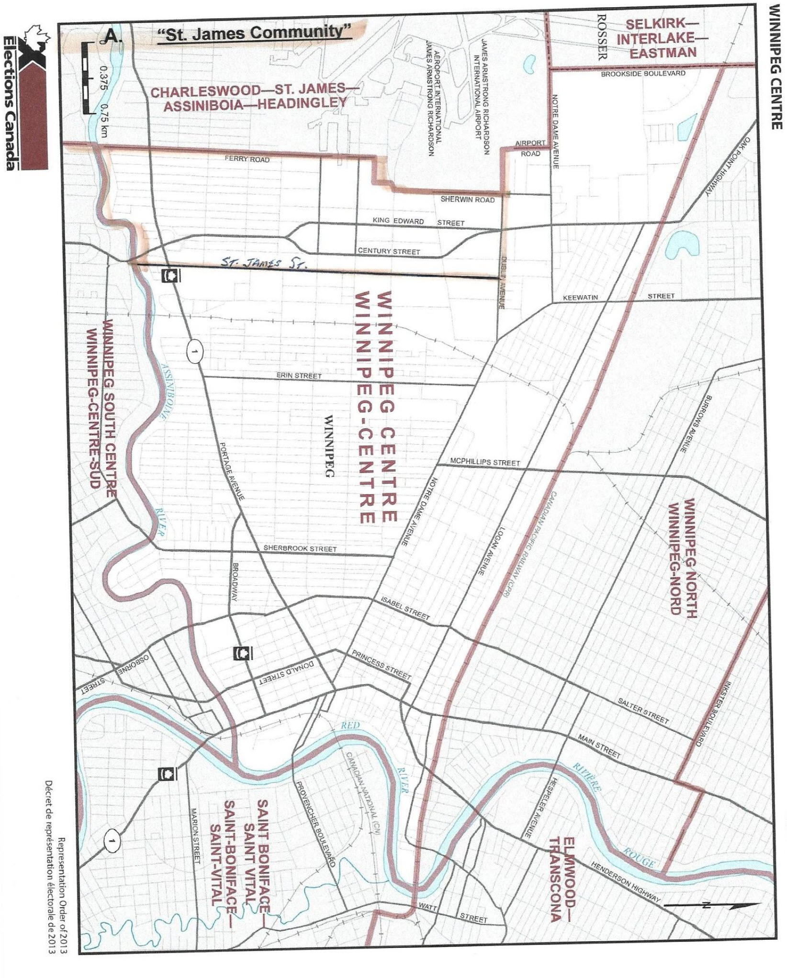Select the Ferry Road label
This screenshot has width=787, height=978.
pyautogui.click(x=247, y=159)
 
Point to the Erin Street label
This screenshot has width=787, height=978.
pyautogui.click(x=299, y=376)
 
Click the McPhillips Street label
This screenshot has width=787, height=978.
pyautogui.click(x=484, y=463)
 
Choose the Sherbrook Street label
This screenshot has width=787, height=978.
pyautogui.click(x=300, y=548)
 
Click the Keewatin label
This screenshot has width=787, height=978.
pyautogui.click(x=580, y=298)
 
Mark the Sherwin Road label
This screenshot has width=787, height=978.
pyautogui.click(x=468, y=200)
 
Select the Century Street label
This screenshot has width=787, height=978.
pyautogui.click(x=389, y=251)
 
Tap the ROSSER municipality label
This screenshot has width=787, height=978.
pyautogui.click(x=602, y=36)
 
